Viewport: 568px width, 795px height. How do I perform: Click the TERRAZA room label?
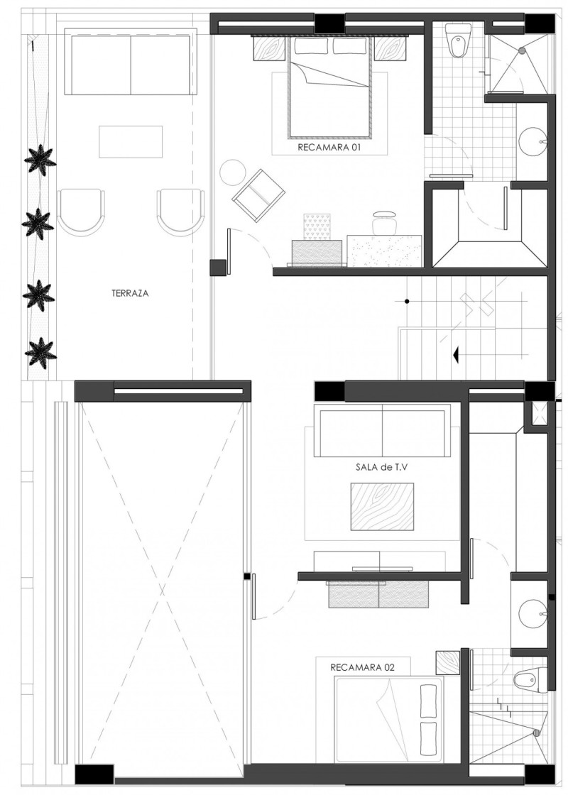pos(130,293)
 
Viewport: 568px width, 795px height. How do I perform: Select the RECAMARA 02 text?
pos(362,667)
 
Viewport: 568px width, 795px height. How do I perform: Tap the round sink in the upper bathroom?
pos(533,141)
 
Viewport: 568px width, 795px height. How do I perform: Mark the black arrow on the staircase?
pos(456,355)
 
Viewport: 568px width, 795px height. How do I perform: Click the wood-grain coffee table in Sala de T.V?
pos(382,507)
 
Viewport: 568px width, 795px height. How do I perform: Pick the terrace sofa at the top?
pos(131,62)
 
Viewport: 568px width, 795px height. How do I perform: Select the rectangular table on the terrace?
pos(131,142)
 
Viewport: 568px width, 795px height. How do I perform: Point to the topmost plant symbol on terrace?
pos(40,160)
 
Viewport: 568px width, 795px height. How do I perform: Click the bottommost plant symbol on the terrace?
pos(40,352)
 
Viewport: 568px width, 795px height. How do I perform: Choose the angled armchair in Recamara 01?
pos(258,195)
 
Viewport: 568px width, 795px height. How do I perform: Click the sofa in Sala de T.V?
pos(383,431)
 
